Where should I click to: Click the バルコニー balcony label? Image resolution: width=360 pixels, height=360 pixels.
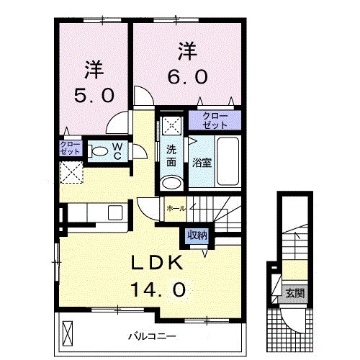click(x=153, y=336)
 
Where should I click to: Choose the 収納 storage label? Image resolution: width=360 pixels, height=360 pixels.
click(x=197, y=235)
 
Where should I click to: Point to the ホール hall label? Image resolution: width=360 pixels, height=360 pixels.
click(x=176, y=208)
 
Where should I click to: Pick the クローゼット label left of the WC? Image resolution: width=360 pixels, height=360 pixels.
click(x=71, y=149)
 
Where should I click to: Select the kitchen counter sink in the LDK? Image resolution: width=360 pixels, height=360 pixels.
click(x=114, y=213)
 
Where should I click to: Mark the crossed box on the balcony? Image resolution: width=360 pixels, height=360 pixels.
click(x=68, y=333)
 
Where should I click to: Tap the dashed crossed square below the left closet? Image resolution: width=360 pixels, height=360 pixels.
click(x=71, y=173)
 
